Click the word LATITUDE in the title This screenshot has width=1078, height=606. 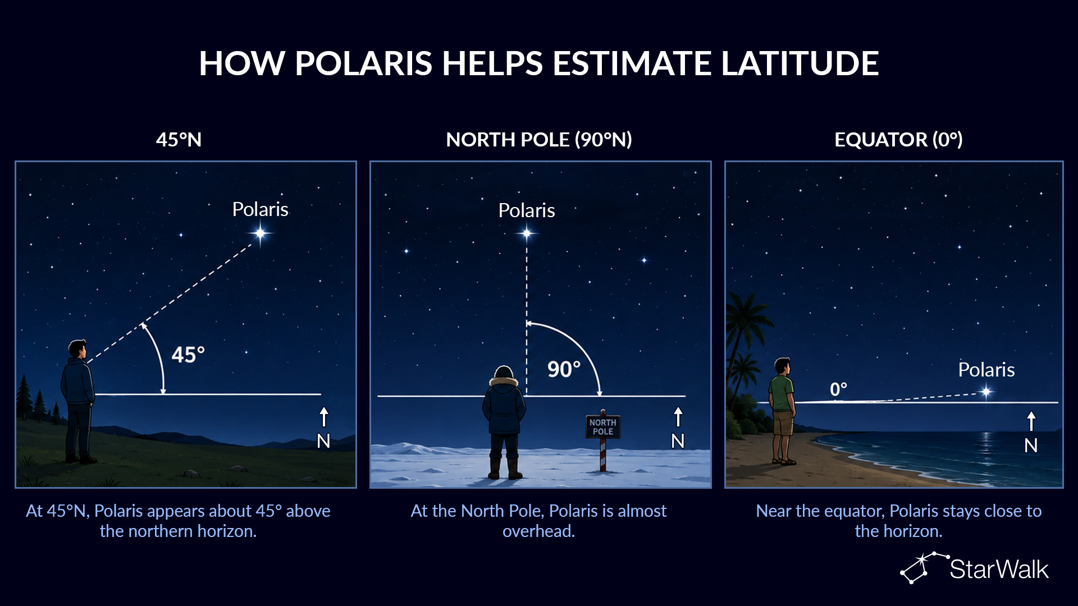point(800,63)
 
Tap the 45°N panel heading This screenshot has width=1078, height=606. point(179,140)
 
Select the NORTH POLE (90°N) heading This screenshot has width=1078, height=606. point(539,140)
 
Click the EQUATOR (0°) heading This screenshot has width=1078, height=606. point(898,140)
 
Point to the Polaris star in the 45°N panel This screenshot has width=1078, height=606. point(261,233)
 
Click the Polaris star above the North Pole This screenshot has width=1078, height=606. point(527,233)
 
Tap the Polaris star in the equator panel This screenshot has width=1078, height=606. point(986,392)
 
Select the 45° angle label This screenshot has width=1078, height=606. point(188,355)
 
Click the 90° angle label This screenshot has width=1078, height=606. point(564,369)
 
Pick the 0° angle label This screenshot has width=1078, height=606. point(838,389)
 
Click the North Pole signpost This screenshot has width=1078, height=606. point(603,440)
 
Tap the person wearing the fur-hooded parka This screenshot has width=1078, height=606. point(504,422)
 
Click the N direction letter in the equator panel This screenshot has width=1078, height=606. point(1031,446)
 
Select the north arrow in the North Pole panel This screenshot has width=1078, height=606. point(678,417)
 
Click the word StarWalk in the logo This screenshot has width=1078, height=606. point(999,570)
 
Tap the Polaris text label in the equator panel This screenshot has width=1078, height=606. point(986,370)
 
